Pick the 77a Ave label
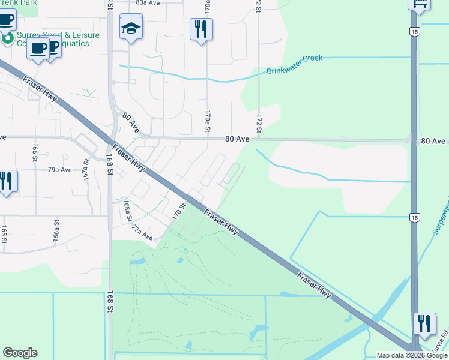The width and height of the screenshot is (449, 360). point(143,233)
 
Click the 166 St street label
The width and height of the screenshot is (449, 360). point(35,153)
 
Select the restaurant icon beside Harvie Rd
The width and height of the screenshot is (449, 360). point(424,324)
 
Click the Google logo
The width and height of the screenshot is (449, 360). point(20,353)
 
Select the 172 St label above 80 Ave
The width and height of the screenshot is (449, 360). point(259,124)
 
